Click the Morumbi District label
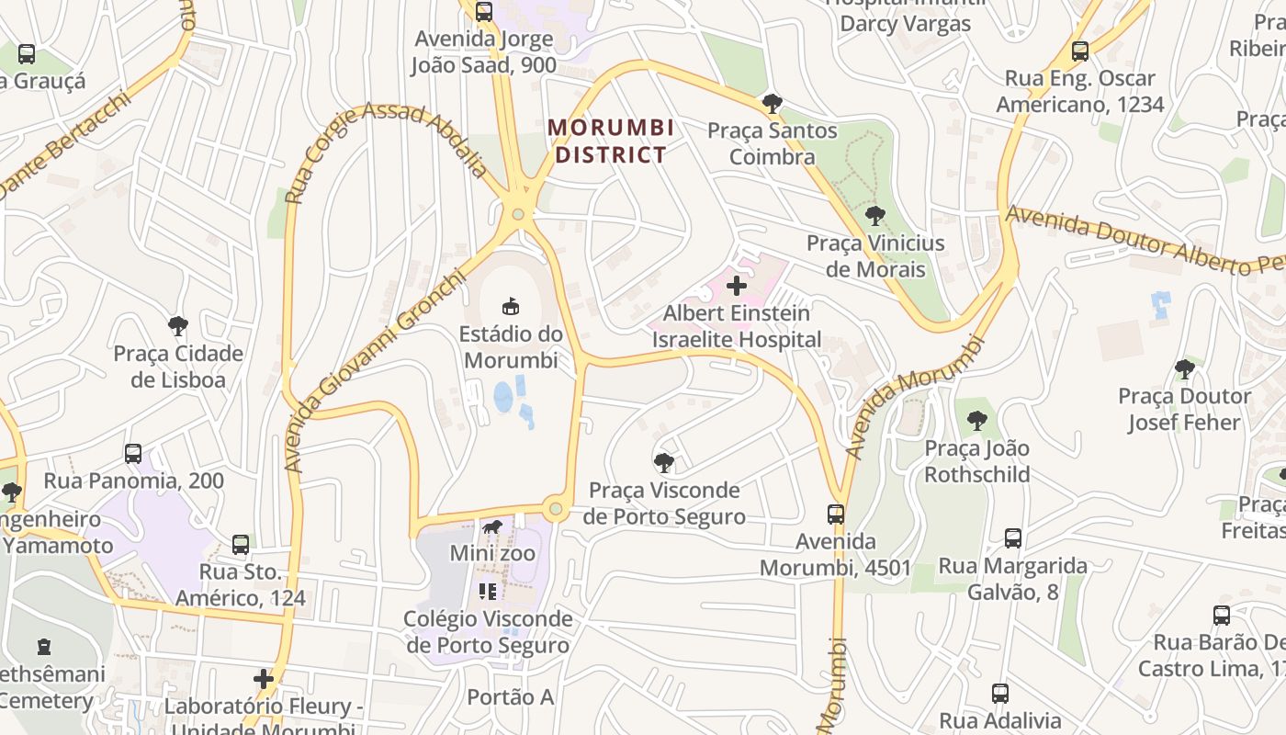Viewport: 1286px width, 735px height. pyautogui.click(x=611, y=141)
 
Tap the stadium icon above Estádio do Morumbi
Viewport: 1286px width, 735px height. pyautogui.click(x=510, y=305)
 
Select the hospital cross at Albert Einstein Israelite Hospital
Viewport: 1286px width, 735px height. pyautogui.click(x=737, y=286)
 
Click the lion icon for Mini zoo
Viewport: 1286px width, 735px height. pyautogui.click(x=492, y=527)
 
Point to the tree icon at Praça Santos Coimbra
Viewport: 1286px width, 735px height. pyautogui.click(x=773, y=103)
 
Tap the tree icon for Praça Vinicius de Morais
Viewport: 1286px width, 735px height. pyautogui.click(x=875, y=216)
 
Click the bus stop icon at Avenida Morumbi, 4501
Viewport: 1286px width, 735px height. pyautogui.click(x=836, y=514)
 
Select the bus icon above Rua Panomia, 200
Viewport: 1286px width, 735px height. pyautogui.click(x=133, y=453)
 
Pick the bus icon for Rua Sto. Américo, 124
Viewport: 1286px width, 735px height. pyautogui.click(x=241, y=544)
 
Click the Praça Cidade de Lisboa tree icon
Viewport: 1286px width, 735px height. pyautogui.click(x=178, y=325)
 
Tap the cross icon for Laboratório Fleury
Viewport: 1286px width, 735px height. pyautogui.click(x=264, y=679)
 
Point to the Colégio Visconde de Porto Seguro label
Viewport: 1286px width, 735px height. pyautogui.click(x=488, y=632)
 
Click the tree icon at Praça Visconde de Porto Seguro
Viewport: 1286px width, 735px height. pyautogui.click(x=664, y=462)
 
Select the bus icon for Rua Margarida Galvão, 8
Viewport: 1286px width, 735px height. pyautogui.click(x=1013, y=537)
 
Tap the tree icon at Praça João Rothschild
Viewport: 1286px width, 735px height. pyautogui.click(x=976, y=421)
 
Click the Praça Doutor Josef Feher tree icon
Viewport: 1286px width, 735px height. pyautogui.click(x=1185, y=369)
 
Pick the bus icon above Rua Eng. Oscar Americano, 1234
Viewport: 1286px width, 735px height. pyautogui.click(x=1080, y=51)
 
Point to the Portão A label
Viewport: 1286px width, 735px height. pyautogui.click(x=510, y=697)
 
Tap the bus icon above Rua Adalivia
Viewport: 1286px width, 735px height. pyautogui.click(x=1000, y=694)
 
